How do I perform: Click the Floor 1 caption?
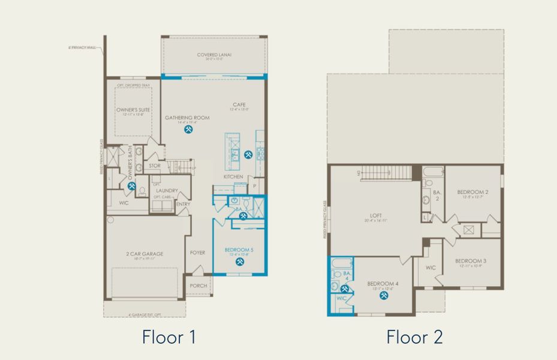click(x=168, y=337)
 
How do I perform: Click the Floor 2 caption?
click(x=414, y=337)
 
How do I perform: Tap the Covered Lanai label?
click(x=214, y=55)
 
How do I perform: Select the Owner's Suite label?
click(x=133, y=110)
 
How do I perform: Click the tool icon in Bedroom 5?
click(x=240, y=262)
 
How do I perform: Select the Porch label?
click(x=198, y=286)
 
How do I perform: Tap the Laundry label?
click(x=167, y=191)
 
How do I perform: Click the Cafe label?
click(x=240, y=105)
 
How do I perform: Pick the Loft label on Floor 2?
click(x=376, y=214)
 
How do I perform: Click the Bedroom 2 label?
click(x=473, y=192)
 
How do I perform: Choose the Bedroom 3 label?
click(x=470, y=261)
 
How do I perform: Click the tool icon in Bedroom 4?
click(x=384, y=295)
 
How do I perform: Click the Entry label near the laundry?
click(x=182, y=204)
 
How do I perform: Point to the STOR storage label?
click(x=154, y=166)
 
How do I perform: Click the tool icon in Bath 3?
click(x=243, y=216)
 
